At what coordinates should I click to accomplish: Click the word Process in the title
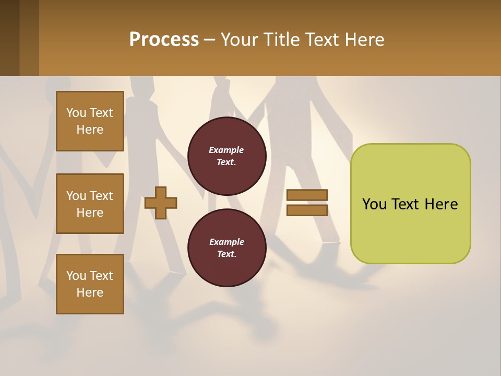(x=164, y=40)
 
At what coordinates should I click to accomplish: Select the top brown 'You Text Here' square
(x=90, y=121)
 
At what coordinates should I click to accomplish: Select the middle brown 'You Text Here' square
(x=90, y=204)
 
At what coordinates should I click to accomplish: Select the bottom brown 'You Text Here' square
(x=90, y=284)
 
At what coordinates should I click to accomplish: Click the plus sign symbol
(x=161, y=202)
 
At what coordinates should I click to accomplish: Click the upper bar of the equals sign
(x=307, y=195)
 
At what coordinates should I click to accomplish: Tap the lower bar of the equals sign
(x=307, y=210)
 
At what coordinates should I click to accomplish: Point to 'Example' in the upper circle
(x=226, y=150)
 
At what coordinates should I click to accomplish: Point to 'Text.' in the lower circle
(x=226, y=254)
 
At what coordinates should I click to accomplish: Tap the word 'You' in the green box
(x=374, y=204)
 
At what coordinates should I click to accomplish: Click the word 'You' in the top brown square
(x=76, y=113)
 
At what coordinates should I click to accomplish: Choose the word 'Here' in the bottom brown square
(x=90, y=292)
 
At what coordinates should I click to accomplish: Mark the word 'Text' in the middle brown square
(x=101, y=196)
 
